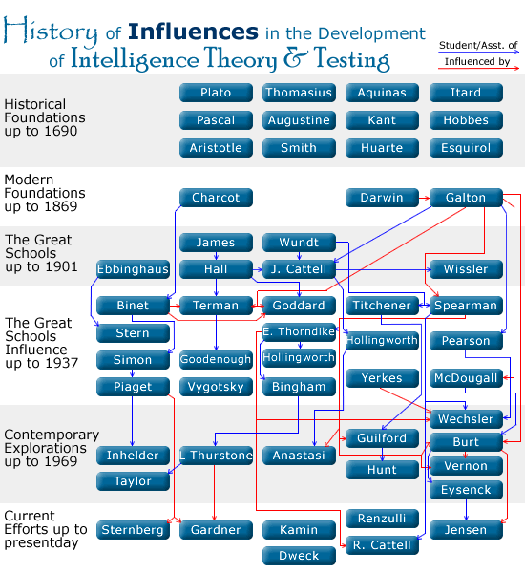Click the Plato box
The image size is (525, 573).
[x=216, y=93]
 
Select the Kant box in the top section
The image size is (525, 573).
[x=382, y=120]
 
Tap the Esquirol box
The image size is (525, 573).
[x=466, y=148]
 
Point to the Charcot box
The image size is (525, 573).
[x=216, y=198]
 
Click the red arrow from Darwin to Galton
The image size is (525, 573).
[x=424, y=198]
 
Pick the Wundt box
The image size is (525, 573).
[x=299, y=243]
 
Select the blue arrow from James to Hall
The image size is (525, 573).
[x=216, y=256]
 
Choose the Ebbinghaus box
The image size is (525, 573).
[x=133, y=269]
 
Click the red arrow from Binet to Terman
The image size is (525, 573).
[x=175, y=306]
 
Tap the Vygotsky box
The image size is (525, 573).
[x=216, y=387]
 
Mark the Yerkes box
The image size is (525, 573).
[x=382, y=378]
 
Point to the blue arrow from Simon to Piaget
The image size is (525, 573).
[x=133, y=373]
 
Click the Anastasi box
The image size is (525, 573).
[x=299, y=456]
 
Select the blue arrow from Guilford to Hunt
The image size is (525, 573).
[x=382, y=455]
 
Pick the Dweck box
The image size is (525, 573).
[x=299, y=556]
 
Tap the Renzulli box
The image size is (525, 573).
[x=382, y=519]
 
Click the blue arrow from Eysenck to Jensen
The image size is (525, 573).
[x=466, y=510]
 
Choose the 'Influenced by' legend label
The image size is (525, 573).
[x=477, y=61]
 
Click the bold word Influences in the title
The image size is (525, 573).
[x=193, y=32]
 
